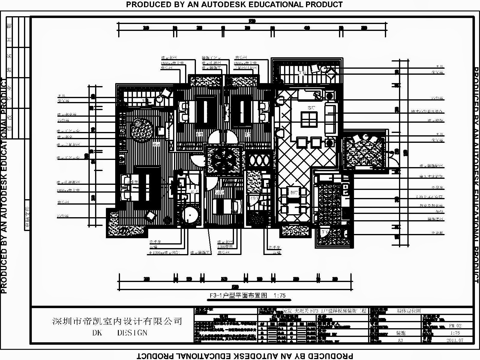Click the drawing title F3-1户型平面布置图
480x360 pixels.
coord(238,295)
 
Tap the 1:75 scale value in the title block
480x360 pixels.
coord(455,333)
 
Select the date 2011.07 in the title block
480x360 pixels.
coord(455,340)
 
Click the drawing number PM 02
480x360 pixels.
coord(455,325)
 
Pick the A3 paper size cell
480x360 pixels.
coord(400,340)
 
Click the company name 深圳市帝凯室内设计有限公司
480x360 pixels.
coord(117,321)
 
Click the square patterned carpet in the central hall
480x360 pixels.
coord(223,159)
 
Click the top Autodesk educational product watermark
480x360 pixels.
coord(234,4)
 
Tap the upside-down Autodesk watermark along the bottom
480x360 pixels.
coord(245,356)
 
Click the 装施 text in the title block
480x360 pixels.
coord(401,333)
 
